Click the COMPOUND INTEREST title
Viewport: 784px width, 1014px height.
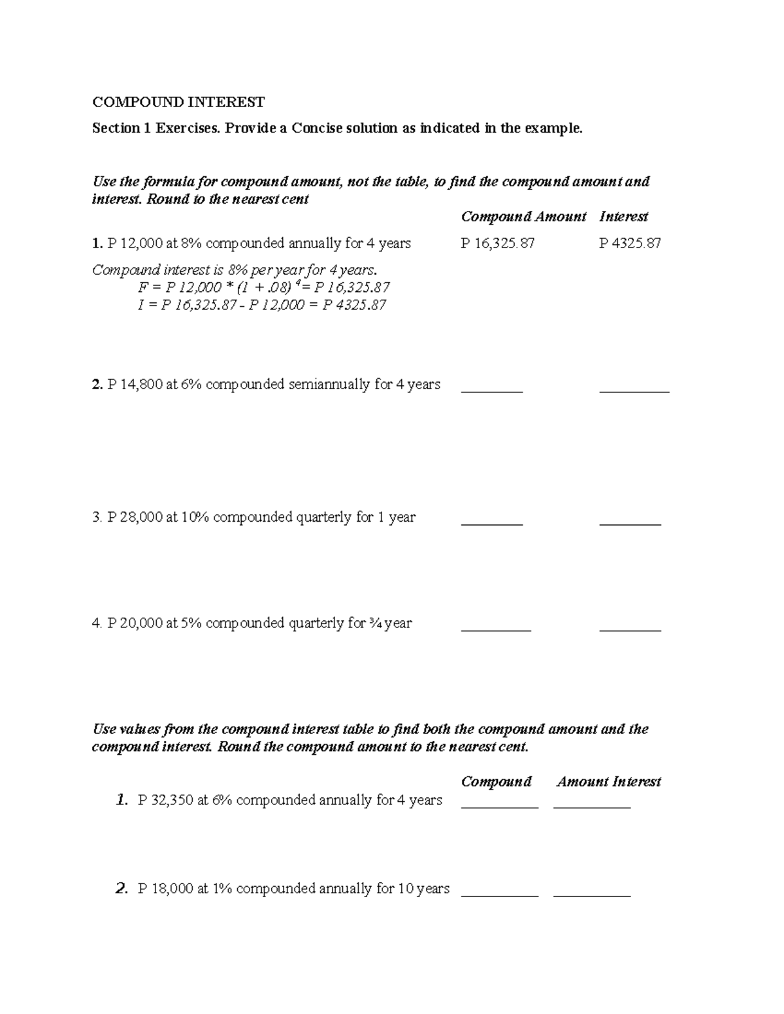point(178,102)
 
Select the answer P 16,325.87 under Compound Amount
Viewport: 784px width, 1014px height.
point(497,244)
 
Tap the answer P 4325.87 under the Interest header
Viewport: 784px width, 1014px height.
point(630,244)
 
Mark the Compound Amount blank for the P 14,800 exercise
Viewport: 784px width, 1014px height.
point(492,391)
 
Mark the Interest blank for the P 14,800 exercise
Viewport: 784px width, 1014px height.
point(634,391)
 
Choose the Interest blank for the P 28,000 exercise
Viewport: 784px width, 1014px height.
point(630,524)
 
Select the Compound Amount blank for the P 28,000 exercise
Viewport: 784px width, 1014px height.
point(492,524)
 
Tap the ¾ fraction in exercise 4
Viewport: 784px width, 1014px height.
point(376,623)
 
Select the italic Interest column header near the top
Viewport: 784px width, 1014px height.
point(623,216)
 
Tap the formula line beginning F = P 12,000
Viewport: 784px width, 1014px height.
point(264,287)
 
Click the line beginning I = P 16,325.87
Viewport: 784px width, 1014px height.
point(262,305)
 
